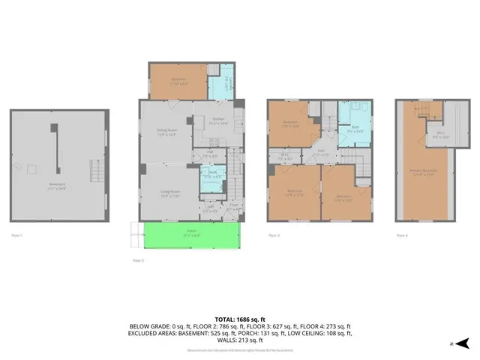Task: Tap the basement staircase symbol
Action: pos(95,173)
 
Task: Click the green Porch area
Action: pos(191,235)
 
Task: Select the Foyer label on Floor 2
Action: pos(233,202)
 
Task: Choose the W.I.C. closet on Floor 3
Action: pos(284,157)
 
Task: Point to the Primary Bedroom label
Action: pos(424,172)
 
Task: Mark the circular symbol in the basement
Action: pos(31,169)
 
